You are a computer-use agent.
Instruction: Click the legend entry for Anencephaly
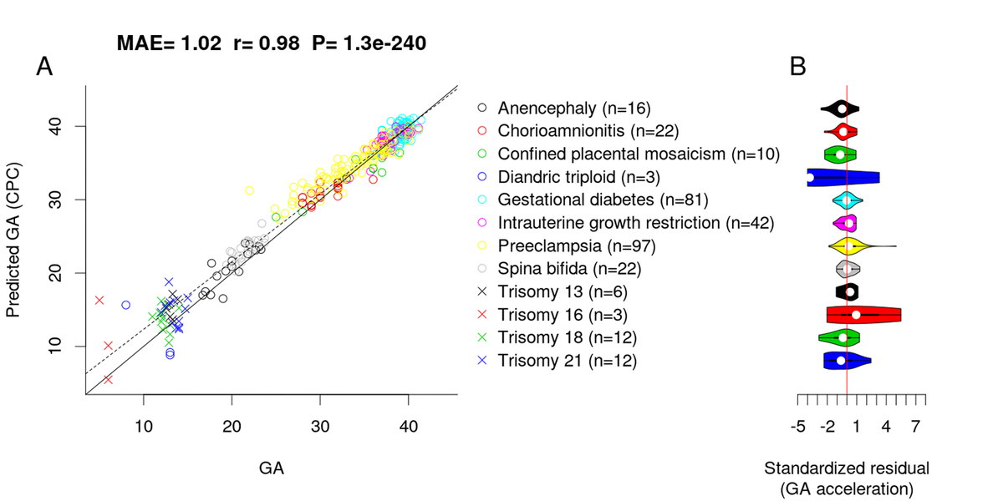pyautogui.click(x=573, y=108)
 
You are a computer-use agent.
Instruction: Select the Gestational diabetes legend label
pyautogui.click(x=603, y=200)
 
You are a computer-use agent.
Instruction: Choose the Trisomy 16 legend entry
pyautogui.click(x=563, y=315)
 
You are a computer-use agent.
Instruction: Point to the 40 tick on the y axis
pyautogui.click(x=57, y=126)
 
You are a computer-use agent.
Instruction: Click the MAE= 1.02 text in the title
pyautogui.click(x=166, y=43)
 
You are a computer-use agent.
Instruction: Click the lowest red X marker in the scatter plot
pyautogui.click(x=108, y=379)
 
